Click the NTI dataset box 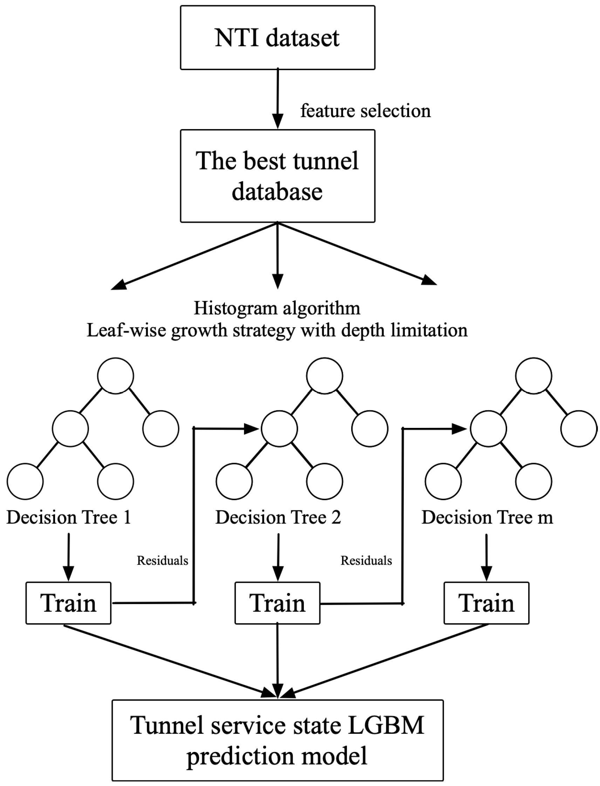point(278,38)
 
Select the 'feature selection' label point(365,111)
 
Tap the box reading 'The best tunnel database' point(278,176)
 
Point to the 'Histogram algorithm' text point(277,308)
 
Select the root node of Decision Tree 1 point(116,376)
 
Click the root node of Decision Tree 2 point(325,376)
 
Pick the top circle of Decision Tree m point(533,376)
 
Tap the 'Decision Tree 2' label point(278,517)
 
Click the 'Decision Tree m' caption point(487,517)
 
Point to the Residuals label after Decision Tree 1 point(163,560)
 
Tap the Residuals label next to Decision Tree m point(367,560)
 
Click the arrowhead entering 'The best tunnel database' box point(278,121)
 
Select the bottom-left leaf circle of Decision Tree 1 point(25,481)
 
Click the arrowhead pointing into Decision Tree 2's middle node point(251,429)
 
